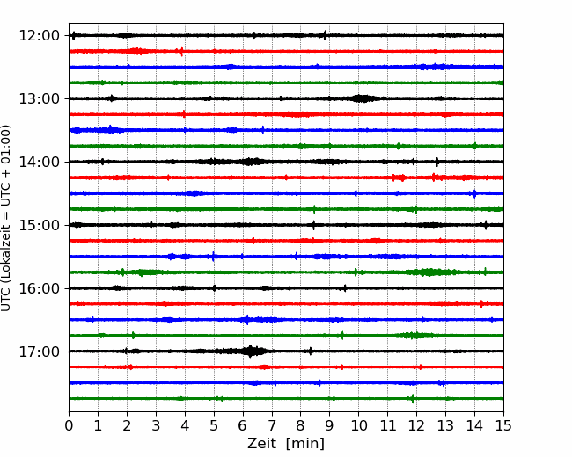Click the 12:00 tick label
click(x=40, y=36)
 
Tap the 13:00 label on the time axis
click(x=40, y=98)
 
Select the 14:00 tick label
click(x=40, y=162)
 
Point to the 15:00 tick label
click(x=40, y=225)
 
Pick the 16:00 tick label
click(x=40, y=288)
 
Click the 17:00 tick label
click(x=40, y=352)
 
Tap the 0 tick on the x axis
click(x=69, y=425)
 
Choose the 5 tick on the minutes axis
click(x=214, y=425)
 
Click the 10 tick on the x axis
click(x=358, y=425)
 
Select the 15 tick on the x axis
click(x=503, y=425)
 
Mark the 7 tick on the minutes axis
click(x=272, y=425)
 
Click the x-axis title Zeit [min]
click(x=286, y=444)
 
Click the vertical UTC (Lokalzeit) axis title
click(x=6, y=218)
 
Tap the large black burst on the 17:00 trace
click(x=250, y=352)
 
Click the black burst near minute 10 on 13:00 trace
click(x=361, y=98)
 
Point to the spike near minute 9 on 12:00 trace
click(x=325, y=35)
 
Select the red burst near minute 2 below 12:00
click(x=137, y=51)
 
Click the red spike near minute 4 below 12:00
click(x=181, y=51)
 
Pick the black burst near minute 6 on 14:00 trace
click(x=250, y=162)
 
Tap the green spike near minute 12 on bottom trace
click(x=413, y=399)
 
